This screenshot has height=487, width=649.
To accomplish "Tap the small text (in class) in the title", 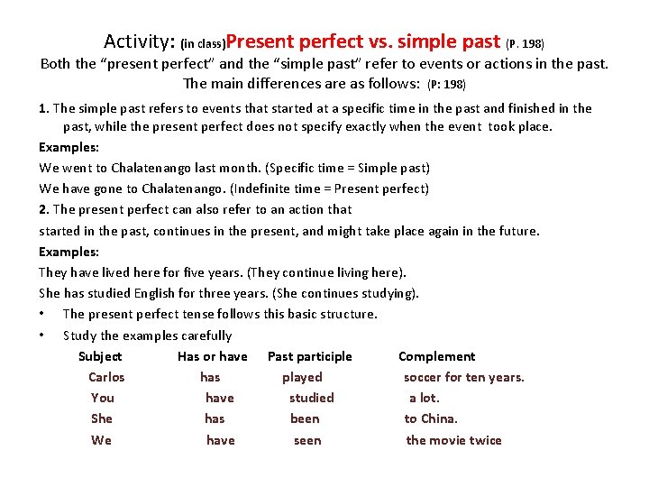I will [x=202, y=43].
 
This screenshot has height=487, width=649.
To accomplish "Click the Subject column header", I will [x=100, y=356].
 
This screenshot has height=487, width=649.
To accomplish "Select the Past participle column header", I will [x=310, y=356].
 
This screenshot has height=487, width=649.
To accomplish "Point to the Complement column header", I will [x=436, y=356].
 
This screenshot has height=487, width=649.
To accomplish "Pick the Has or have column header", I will [x=213, y=356].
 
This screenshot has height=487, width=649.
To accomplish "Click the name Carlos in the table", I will [x=106, y=377].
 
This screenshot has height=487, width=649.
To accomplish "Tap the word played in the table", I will [x=302, y=377].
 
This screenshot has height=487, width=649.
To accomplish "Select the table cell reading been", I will [x=305, y=418].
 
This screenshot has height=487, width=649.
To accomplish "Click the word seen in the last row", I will [x=307, y=440].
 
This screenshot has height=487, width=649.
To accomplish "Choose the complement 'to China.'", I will [x=431, y=418].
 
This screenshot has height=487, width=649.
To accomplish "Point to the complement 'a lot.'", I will [x=425, y=398].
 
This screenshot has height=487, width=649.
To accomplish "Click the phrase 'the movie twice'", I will [x=454, y=440].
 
